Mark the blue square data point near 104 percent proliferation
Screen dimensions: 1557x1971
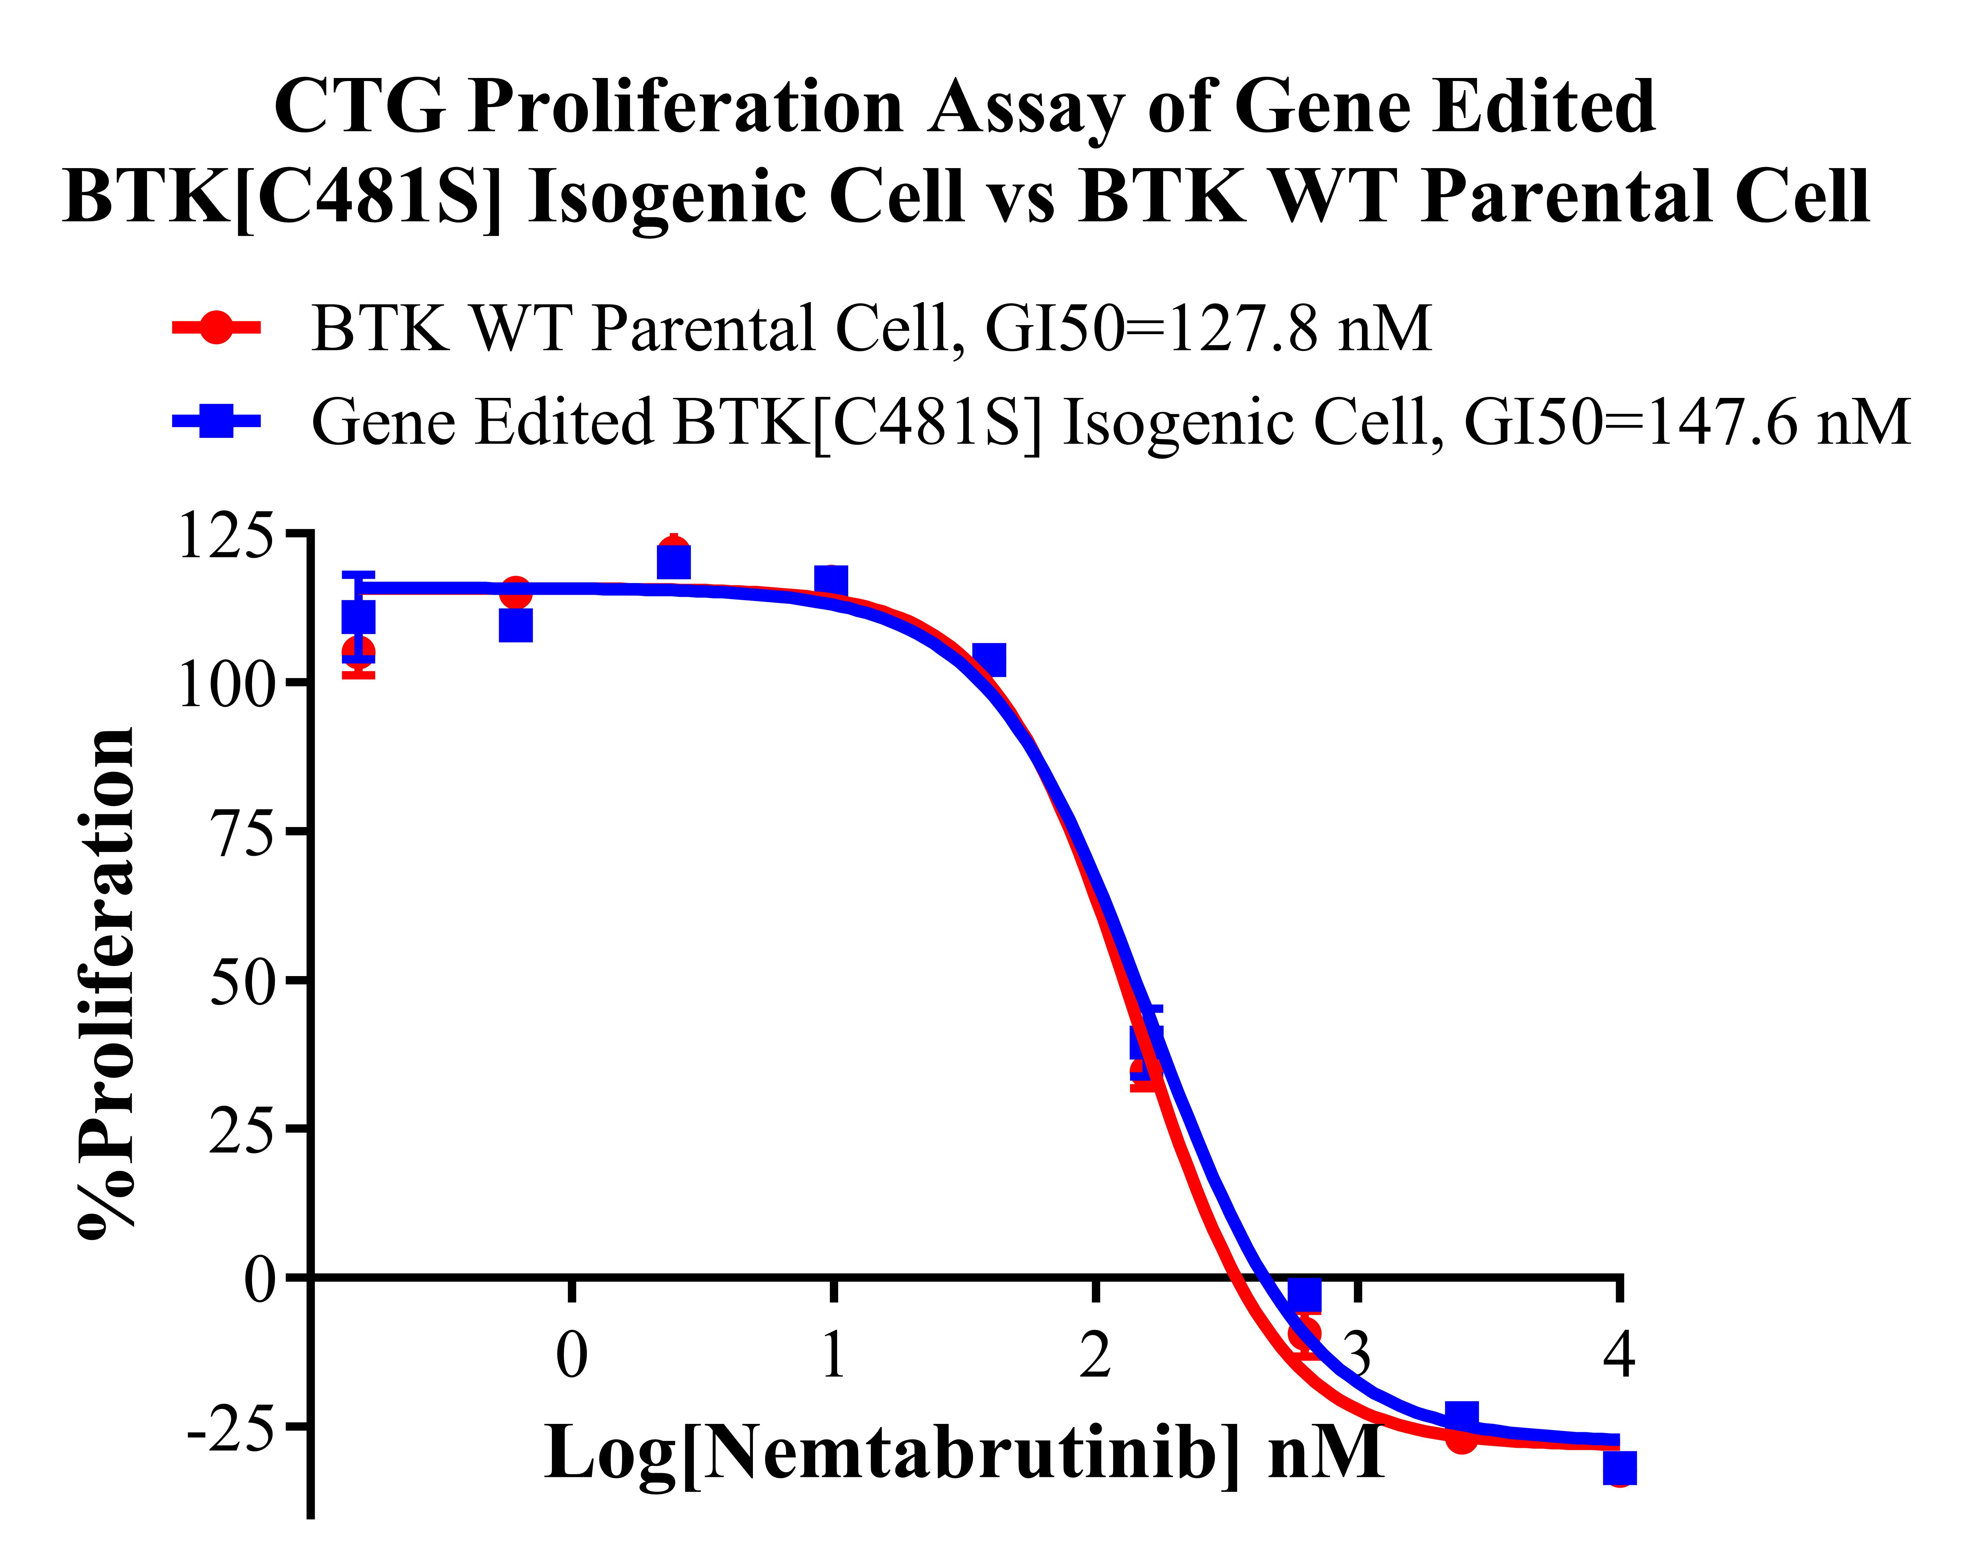(989, 659)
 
